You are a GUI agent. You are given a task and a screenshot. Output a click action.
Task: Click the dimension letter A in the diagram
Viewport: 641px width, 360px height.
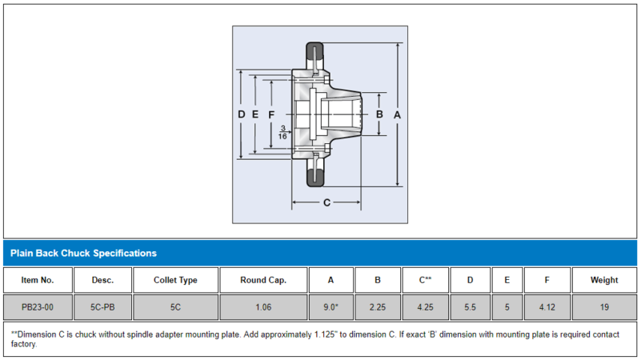click(397, 115)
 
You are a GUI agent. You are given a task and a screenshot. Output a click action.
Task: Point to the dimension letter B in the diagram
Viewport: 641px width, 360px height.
click(380, 115)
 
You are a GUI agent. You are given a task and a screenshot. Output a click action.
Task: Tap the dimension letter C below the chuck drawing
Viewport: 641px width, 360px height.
click(327, 202)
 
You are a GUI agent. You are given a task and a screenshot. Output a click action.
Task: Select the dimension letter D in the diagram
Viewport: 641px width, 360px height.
click(242, 115)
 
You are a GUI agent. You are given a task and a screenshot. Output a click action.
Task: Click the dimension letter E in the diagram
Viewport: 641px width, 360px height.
click(255, 115)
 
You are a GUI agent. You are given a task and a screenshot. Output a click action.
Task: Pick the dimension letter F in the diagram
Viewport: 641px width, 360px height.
click(271, 115)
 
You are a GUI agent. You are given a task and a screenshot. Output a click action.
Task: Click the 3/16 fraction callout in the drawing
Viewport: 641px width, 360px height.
click(282, 132)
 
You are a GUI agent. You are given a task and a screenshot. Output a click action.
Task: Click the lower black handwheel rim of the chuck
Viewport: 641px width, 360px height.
click(314, 175)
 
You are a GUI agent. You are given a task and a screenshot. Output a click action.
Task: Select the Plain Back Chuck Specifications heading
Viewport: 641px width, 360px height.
click(83, 253)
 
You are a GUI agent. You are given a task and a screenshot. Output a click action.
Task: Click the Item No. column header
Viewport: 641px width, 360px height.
click(38, 280)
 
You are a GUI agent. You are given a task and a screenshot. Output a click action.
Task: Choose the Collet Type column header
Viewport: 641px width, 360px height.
click(175, 280)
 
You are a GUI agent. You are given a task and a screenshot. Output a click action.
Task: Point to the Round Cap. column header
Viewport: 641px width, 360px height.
click(262, 280)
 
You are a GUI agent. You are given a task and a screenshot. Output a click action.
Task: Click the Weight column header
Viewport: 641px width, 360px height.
click(604, 280)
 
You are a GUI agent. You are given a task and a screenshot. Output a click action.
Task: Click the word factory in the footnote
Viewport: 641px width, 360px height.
click(24, 345)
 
